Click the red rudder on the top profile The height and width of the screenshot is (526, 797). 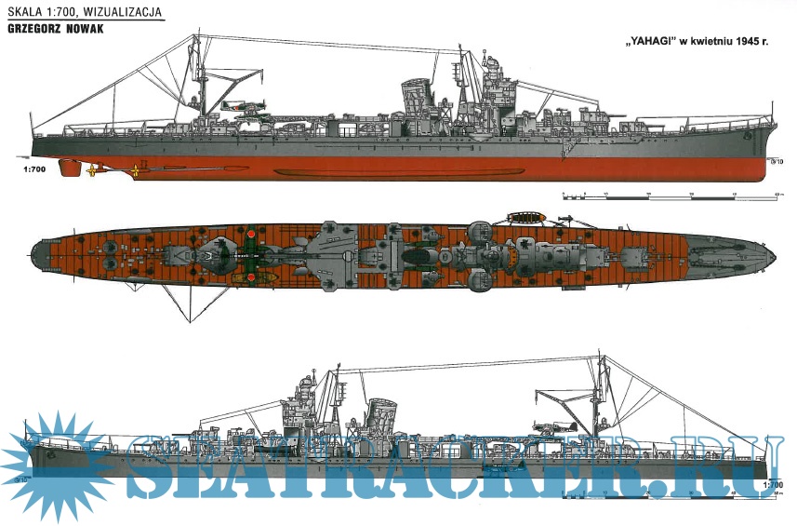point(69,168)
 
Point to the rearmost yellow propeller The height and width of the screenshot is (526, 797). point(92,170)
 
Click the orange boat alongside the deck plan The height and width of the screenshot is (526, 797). point(526,218)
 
